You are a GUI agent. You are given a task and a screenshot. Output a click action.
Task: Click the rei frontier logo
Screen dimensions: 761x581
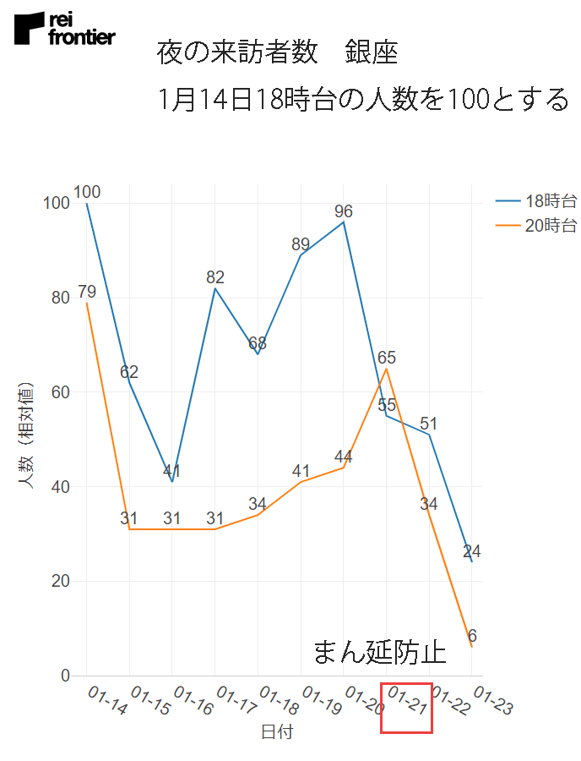[64, 29]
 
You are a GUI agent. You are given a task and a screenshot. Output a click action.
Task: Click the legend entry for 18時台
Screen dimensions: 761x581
[536, 201]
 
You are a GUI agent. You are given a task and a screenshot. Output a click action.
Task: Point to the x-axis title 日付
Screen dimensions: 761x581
[277, 732]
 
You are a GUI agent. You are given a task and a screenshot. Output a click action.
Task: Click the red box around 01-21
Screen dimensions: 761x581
[406, 708]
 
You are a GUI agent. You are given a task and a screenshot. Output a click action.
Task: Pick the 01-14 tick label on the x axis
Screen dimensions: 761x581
[107, 702]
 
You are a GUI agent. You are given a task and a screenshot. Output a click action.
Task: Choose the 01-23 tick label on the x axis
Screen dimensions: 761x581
[492, 702]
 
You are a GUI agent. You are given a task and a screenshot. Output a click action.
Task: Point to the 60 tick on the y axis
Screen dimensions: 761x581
[59, 392]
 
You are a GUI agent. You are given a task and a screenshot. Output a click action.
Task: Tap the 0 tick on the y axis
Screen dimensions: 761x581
[64, 676]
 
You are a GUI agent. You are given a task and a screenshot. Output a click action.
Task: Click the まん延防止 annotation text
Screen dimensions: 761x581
[379, 652]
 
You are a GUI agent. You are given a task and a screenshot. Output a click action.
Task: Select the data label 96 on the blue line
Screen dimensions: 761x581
[343, 211]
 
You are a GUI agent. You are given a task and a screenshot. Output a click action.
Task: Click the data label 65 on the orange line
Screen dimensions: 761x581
[387, 358]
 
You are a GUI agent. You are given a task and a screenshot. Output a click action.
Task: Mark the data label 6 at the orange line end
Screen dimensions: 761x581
[472, 636]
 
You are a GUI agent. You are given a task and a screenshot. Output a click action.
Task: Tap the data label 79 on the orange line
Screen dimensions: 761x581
[87, 293]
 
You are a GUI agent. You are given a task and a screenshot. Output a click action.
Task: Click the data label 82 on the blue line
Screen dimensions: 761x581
[215, 277]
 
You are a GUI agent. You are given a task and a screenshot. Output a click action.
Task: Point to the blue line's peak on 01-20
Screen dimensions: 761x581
[344, 222]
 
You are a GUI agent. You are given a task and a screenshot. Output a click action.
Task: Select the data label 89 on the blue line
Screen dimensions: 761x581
[301, 244]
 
